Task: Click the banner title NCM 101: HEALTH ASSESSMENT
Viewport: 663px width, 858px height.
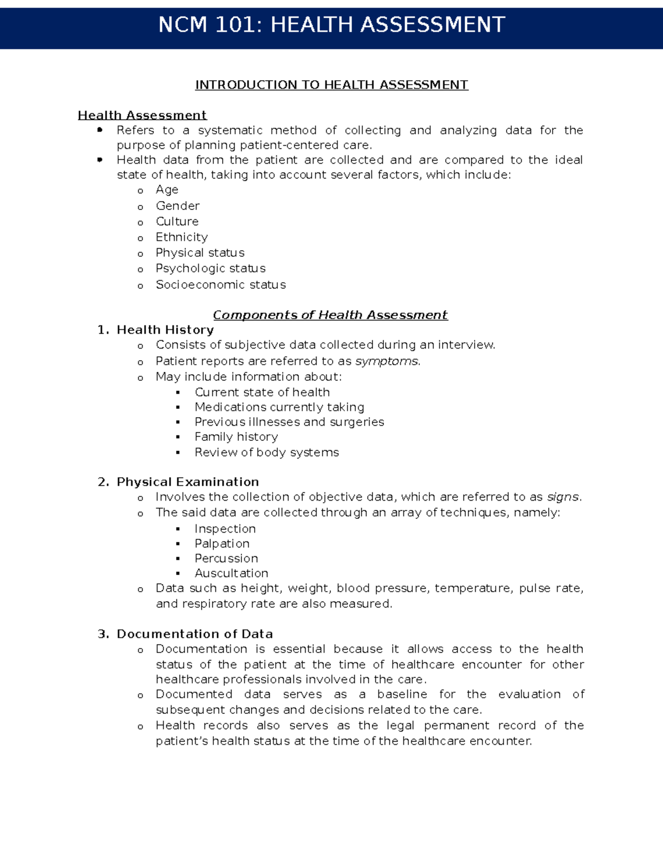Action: pos(331,25)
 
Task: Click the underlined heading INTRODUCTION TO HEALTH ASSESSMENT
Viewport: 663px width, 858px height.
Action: pos(331,85)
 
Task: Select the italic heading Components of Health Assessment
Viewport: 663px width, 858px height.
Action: pos(330,315)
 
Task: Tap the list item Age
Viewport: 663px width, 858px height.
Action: pos(167,190)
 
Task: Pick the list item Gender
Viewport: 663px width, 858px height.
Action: pos(177,206)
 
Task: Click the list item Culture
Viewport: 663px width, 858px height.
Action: pos(177,222)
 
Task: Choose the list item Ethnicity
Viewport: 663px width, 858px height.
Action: pos(182,237)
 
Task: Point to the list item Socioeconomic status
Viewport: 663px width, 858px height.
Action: pos(220,285)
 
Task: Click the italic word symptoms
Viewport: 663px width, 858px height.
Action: pos(387,361)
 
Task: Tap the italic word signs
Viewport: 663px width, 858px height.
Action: pos(563,497)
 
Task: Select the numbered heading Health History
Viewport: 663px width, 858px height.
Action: pos(165,330)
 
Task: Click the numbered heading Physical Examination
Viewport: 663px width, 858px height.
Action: pos(187,482)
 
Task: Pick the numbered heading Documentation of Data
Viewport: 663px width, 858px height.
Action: pos(194,634)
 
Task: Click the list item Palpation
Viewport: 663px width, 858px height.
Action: pos(222,544)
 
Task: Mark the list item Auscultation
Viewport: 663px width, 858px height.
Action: pos(231,573)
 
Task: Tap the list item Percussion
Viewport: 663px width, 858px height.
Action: pos(226,559)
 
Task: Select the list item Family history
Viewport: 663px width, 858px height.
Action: pos(236,437)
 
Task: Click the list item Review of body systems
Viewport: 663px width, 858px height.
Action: pos(266,452)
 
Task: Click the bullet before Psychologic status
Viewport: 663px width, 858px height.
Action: pos(141,270)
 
